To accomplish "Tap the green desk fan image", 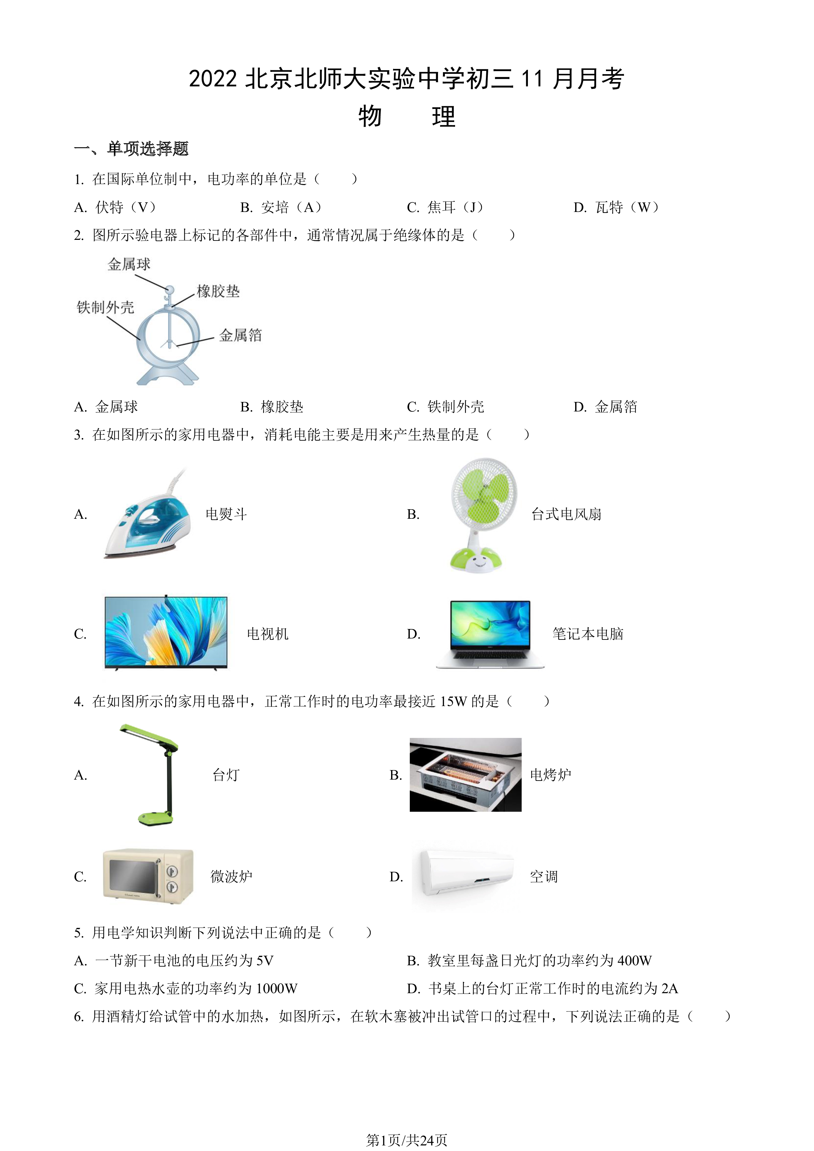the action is pyautogui.click(x=483, y=514).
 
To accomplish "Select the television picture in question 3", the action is pyautogui.click(x=166, y=633).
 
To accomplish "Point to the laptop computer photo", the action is pyautogui.click(x=490, y=635).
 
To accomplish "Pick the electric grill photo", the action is pyautogui.click(x=465, y=775).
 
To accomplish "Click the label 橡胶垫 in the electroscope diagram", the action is pyautogui.click(x=218, y=291).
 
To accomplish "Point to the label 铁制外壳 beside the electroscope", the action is pyautogui.click(x=105, y=307).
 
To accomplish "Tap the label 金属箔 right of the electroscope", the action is pyautogui.click(x=240, y=335).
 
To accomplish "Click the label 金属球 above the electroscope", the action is pyautogui.click(x=129, y=264).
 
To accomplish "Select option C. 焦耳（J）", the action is pyautogui.click(x=446, y=207).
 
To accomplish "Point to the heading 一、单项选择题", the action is pyautogui.click(x=131, y=148).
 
